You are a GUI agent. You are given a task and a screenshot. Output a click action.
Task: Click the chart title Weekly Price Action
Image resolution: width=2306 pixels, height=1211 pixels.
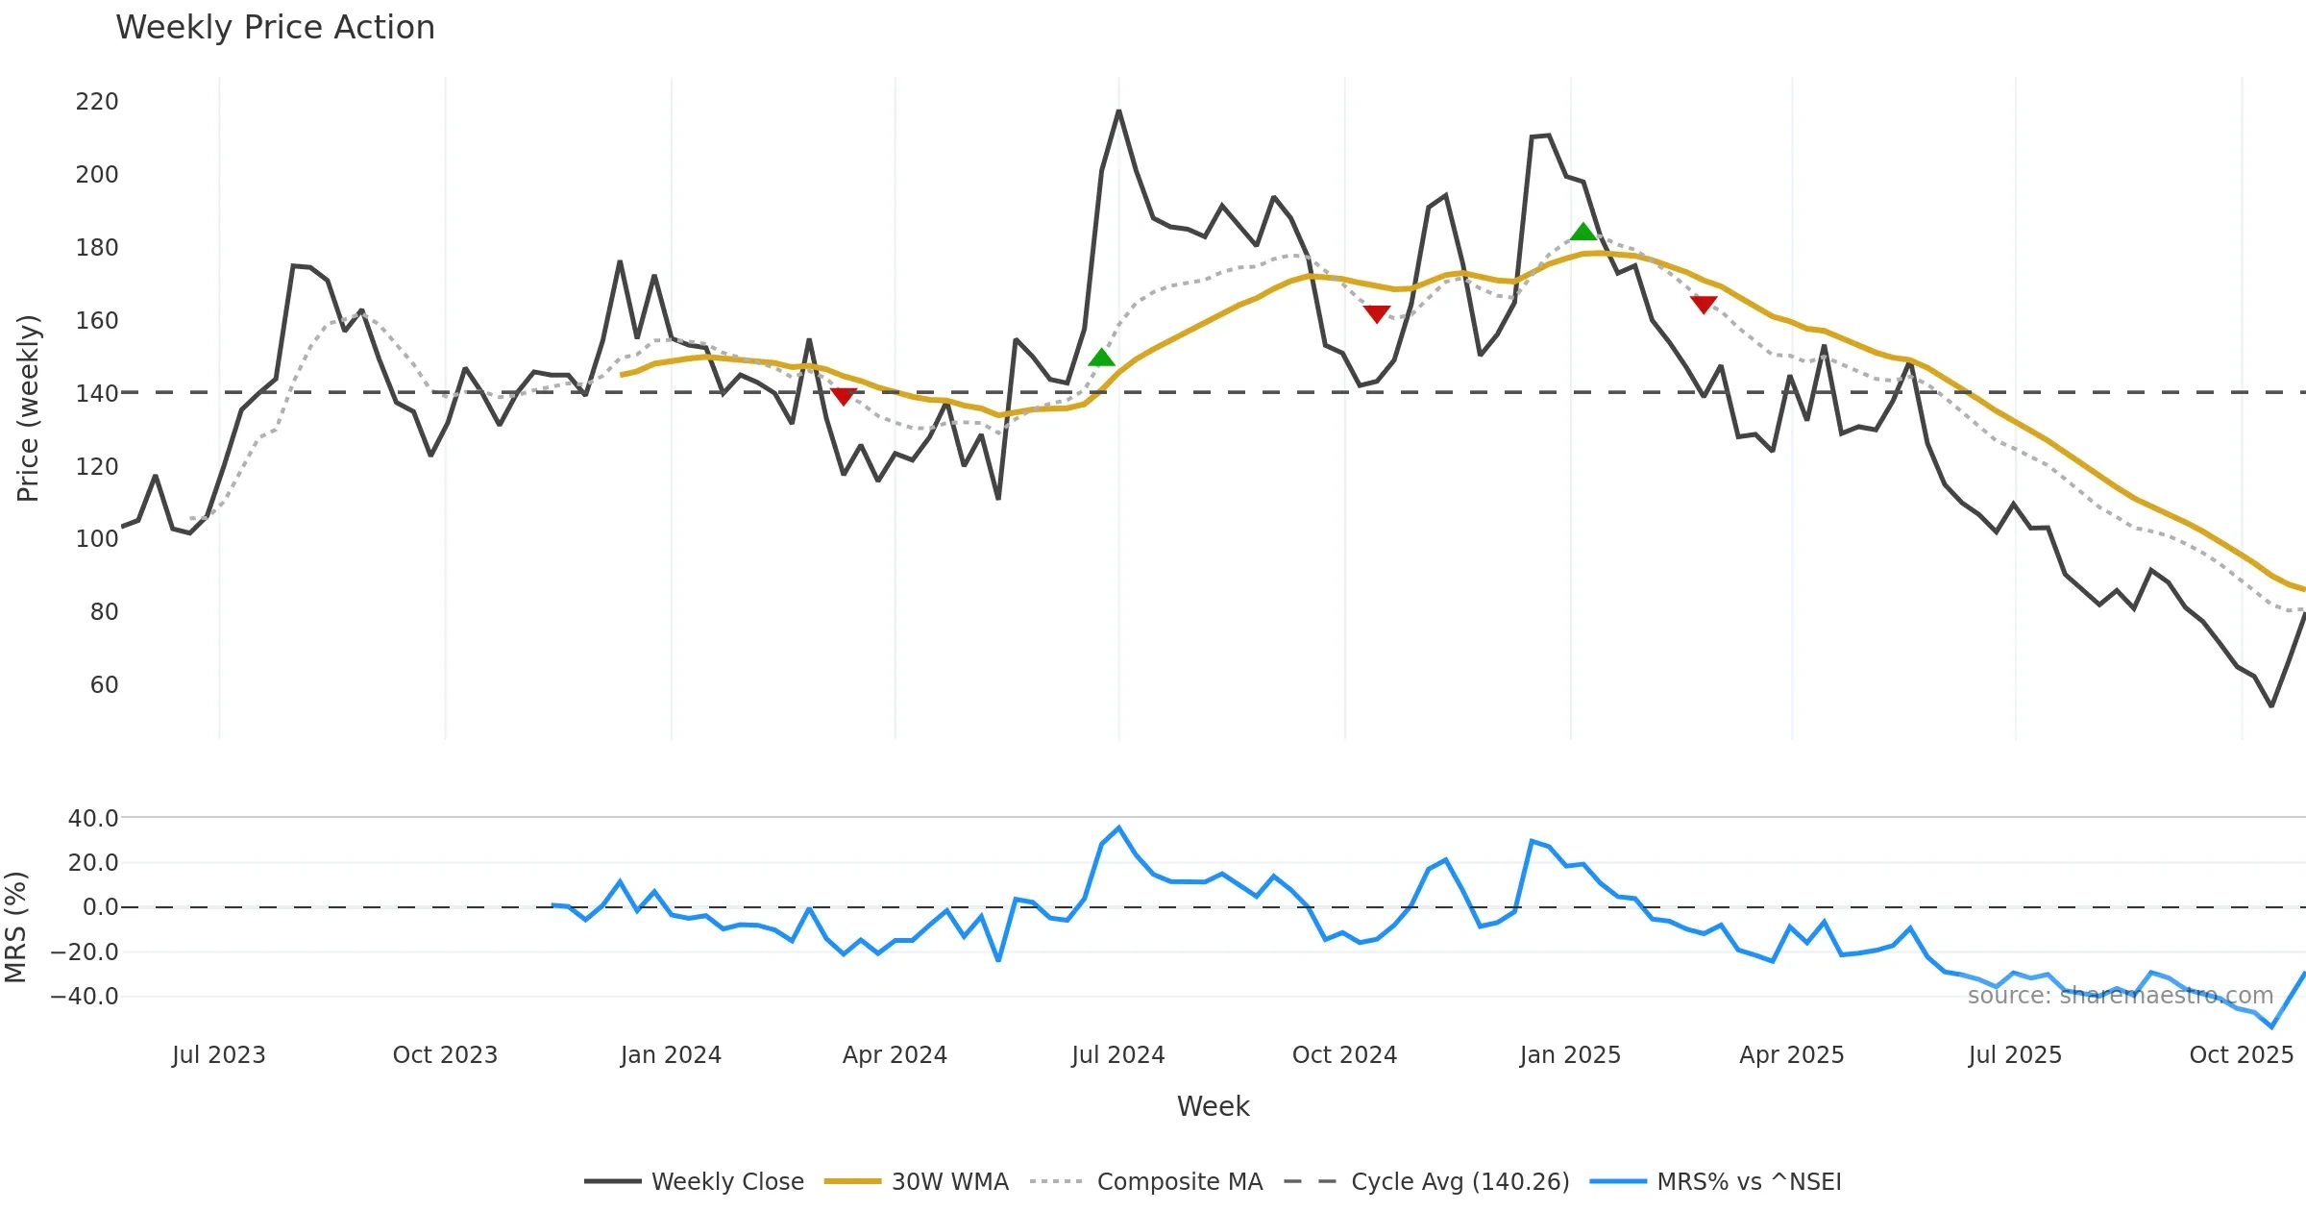(x=275, y=28)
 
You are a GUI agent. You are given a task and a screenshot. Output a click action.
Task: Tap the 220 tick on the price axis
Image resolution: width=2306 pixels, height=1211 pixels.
(x=97, y=102)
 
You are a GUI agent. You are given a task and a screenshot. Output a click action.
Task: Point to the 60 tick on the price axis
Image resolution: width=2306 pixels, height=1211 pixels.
(x=104, y=685)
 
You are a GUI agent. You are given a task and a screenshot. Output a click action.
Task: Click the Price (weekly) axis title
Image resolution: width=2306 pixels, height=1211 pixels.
(x=29, y=408)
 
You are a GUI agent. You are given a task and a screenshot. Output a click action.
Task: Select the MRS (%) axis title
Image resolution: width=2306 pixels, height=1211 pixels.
(x=16, y=927)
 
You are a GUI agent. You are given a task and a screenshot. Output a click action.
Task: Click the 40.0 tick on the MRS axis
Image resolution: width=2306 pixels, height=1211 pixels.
(x=93, y=819)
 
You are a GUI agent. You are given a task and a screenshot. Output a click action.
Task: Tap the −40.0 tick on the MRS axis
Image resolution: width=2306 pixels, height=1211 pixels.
(x=85, y=997)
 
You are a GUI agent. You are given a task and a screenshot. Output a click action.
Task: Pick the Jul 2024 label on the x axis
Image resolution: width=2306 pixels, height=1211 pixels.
(x=1117, y=1055)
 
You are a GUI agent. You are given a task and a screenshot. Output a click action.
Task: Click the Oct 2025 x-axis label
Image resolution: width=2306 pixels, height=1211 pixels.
(x=2241, y=1055)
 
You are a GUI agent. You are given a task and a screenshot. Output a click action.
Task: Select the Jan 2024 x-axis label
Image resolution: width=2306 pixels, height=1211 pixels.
(x=671, y=1055)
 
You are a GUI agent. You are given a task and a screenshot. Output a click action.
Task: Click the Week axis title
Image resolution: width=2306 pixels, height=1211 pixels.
(x=1213, y=1107)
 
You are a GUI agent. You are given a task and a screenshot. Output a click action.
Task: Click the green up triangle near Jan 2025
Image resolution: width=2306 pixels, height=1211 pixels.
(x=1582, y=232)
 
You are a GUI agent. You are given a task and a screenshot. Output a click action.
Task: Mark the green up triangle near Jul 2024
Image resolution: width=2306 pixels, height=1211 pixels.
(x=1101, y=358)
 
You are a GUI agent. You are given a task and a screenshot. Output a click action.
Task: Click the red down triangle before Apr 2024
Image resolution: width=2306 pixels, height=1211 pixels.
(x=843, y=396)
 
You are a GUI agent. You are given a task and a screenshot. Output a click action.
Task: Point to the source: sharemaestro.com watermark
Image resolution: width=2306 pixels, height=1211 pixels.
(x=2120, y=996)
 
